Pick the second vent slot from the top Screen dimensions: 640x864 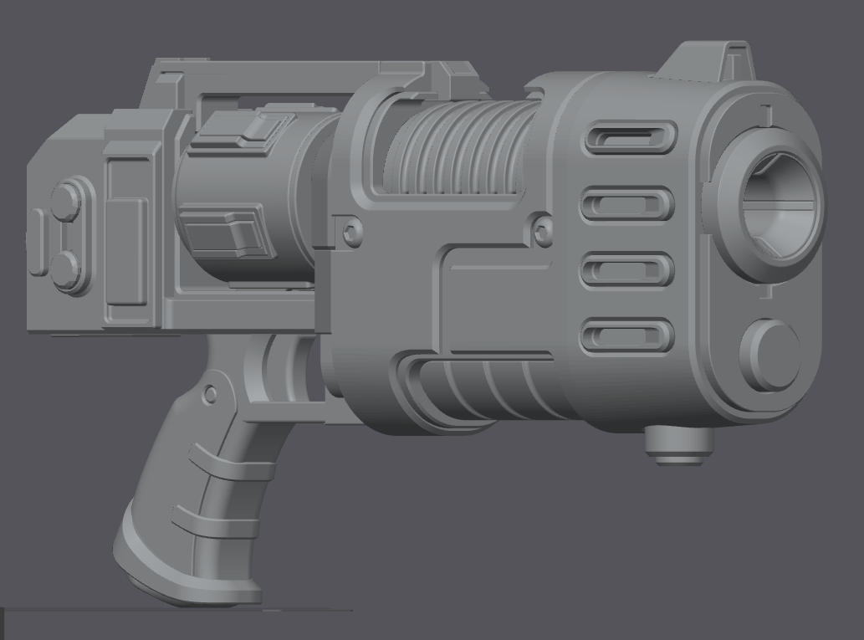click(x=627, y=204)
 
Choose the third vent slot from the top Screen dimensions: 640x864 click(x=627, y=269)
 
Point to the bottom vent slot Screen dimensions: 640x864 click(x=627, y=336)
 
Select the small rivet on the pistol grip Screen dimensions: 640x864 click(x=211, y=393)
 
